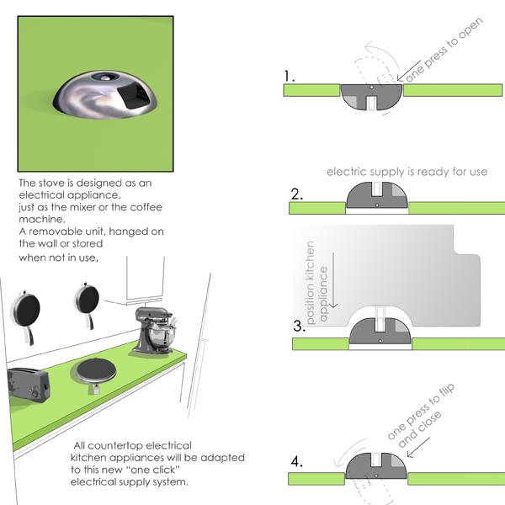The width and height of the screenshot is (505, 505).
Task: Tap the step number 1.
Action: click(x=290, y=77)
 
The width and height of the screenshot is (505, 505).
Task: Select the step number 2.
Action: click(x=297, y=194)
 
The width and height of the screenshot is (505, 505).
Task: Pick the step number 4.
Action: click(x=296, y=462)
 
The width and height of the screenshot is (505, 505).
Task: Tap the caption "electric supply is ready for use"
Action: click(x=407, y=172)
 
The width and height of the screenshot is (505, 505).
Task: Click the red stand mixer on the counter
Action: click(x=157, y=327)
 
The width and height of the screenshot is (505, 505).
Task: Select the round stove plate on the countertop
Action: click(x=98, y=369)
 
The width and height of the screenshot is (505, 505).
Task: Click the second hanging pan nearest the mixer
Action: click(x=86, y=303)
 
